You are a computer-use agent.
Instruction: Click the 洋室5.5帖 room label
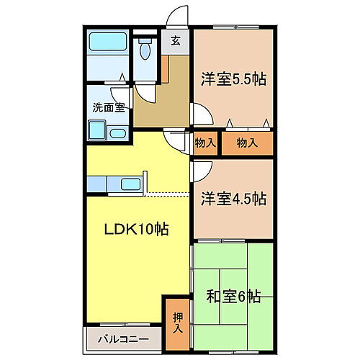[233, 79]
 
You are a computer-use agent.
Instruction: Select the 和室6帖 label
[234, 296]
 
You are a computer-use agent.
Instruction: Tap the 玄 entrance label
[175, 40]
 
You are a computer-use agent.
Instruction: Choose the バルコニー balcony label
[123, 338]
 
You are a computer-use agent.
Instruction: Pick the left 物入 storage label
[205, 143]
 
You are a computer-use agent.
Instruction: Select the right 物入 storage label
[247, 143]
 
